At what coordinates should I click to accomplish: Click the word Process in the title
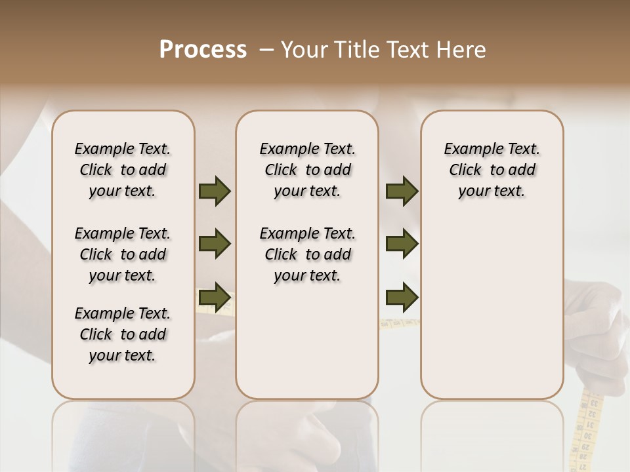pos(203,50)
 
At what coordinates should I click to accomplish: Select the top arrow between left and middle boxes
pos(215,191)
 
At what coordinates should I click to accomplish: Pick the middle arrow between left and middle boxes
pos(215,244)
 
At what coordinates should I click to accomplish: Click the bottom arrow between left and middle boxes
pos(215,297)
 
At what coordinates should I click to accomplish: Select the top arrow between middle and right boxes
pos(402,191)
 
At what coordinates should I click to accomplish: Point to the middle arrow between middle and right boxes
pos(402,244)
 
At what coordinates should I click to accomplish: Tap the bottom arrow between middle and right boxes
pos(402,298)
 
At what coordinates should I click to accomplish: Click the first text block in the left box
pos(123,170)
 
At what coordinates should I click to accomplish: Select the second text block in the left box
pos(123,254)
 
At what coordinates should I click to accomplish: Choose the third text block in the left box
pos(123,334)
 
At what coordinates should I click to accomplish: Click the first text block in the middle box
pos(307,170)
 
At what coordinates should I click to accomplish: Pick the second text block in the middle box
pos(307,254)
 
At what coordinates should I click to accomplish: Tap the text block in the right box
pos(492,170)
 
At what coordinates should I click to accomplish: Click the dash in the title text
pos(266,50)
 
